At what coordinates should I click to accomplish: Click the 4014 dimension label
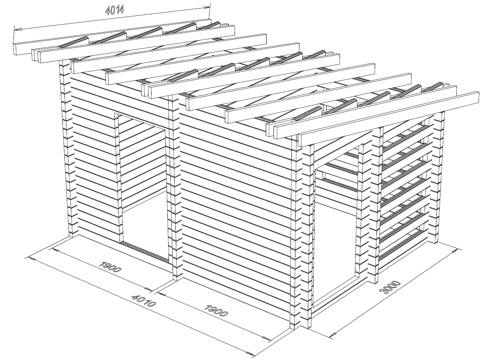click(114, 10)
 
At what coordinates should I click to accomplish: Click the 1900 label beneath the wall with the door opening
click(111, 266)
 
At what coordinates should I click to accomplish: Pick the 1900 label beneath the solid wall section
click(216, 311)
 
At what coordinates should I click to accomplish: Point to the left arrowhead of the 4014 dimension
click(18, 30)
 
